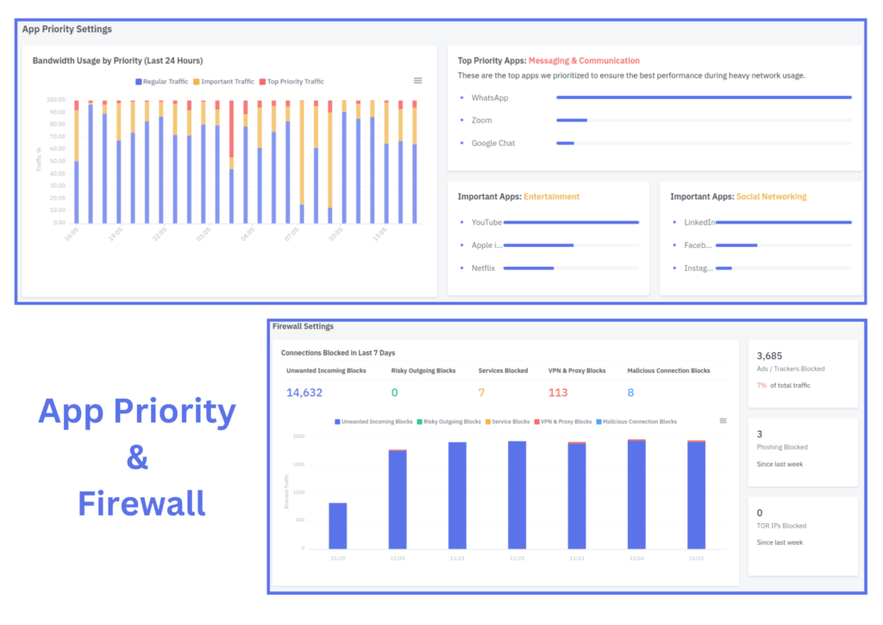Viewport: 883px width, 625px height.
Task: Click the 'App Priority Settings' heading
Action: point(67,29)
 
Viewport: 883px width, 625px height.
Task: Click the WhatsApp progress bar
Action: point(704,98)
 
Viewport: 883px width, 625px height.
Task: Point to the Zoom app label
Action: point(481,121)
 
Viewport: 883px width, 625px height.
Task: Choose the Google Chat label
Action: point(492,143)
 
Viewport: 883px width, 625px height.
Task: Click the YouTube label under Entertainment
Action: point(486,223)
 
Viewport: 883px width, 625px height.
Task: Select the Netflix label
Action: point(484,268)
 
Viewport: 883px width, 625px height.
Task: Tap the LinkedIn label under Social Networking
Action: point(699,223)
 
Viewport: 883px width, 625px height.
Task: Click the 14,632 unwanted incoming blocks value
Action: point(304,393)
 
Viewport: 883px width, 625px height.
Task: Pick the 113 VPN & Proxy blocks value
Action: point(558,393)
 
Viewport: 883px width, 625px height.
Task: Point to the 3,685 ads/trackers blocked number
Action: point(768,356)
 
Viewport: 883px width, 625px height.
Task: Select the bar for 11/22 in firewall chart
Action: point(517,495)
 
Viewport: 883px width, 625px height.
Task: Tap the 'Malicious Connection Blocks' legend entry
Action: point(638,422)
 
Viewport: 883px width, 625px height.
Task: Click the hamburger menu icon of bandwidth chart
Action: point(418,80)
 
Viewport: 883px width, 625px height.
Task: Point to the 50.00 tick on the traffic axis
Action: point(55,161)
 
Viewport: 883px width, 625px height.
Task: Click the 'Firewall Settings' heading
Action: point(303,326)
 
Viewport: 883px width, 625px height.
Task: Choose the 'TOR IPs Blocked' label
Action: point(780,526)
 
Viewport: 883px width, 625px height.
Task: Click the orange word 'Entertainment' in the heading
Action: point(551,197)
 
